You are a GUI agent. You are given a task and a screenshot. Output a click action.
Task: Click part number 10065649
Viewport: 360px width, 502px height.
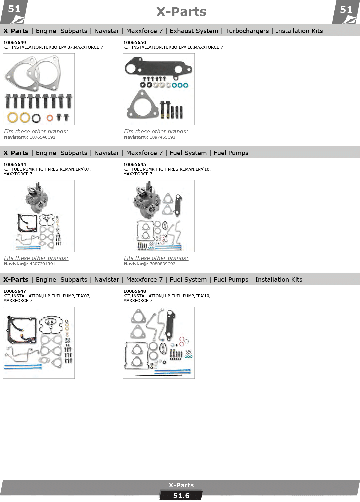click(15, 42)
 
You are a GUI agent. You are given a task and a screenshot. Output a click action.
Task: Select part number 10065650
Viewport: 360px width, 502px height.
click(134, 42)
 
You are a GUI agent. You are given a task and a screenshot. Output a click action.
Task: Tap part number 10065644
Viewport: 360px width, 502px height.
click(15, 164)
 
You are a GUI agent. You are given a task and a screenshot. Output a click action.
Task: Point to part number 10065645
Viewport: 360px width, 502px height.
click(134, 164)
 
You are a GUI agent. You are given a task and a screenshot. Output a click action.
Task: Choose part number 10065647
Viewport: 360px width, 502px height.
click(15, 291)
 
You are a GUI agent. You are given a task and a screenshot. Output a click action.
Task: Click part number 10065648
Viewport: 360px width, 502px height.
click(134, 291)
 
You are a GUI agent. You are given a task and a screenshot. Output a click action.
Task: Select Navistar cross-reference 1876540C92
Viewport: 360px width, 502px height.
click(42, 137)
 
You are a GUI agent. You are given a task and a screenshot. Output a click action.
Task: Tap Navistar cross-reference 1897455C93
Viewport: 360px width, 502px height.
click(163, 137)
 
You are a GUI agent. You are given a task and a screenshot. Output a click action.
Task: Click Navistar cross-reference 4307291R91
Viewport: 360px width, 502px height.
click(42, 264)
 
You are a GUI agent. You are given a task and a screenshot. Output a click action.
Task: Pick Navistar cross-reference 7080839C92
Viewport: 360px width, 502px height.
click(163, 264)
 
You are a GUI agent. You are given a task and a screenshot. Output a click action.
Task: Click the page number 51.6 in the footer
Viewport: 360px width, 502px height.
click(181, 496)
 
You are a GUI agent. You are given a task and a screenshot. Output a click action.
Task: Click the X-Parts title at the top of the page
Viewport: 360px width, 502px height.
click(181, 12)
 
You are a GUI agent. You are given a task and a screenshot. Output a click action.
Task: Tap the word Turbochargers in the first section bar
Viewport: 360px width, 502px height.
click(247, 31)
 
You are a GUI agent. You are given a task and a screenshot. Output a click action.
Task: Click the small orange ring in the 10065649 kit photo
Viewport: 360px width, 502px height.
click(50, 118)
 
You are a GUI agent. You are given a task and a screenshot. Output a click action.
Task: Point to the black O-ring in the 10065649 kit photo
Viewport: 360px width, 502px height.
click(36, 118)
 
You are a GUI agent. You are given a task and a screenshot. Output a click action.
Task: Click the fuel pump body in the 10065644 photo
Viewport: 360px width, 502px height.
click(37, 197)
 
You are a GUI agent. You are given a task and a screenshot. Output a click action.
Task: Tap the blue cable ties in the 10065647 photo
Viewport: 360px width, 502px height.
click(23, 366)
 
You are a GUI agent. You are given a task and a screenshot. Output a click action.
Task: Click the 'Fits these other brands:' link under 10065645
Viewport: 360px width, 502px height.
click(156, 258)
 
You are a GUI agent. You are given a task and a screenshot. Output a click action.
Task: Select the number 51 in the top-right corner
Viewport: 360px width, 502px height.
click(346, 10)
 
